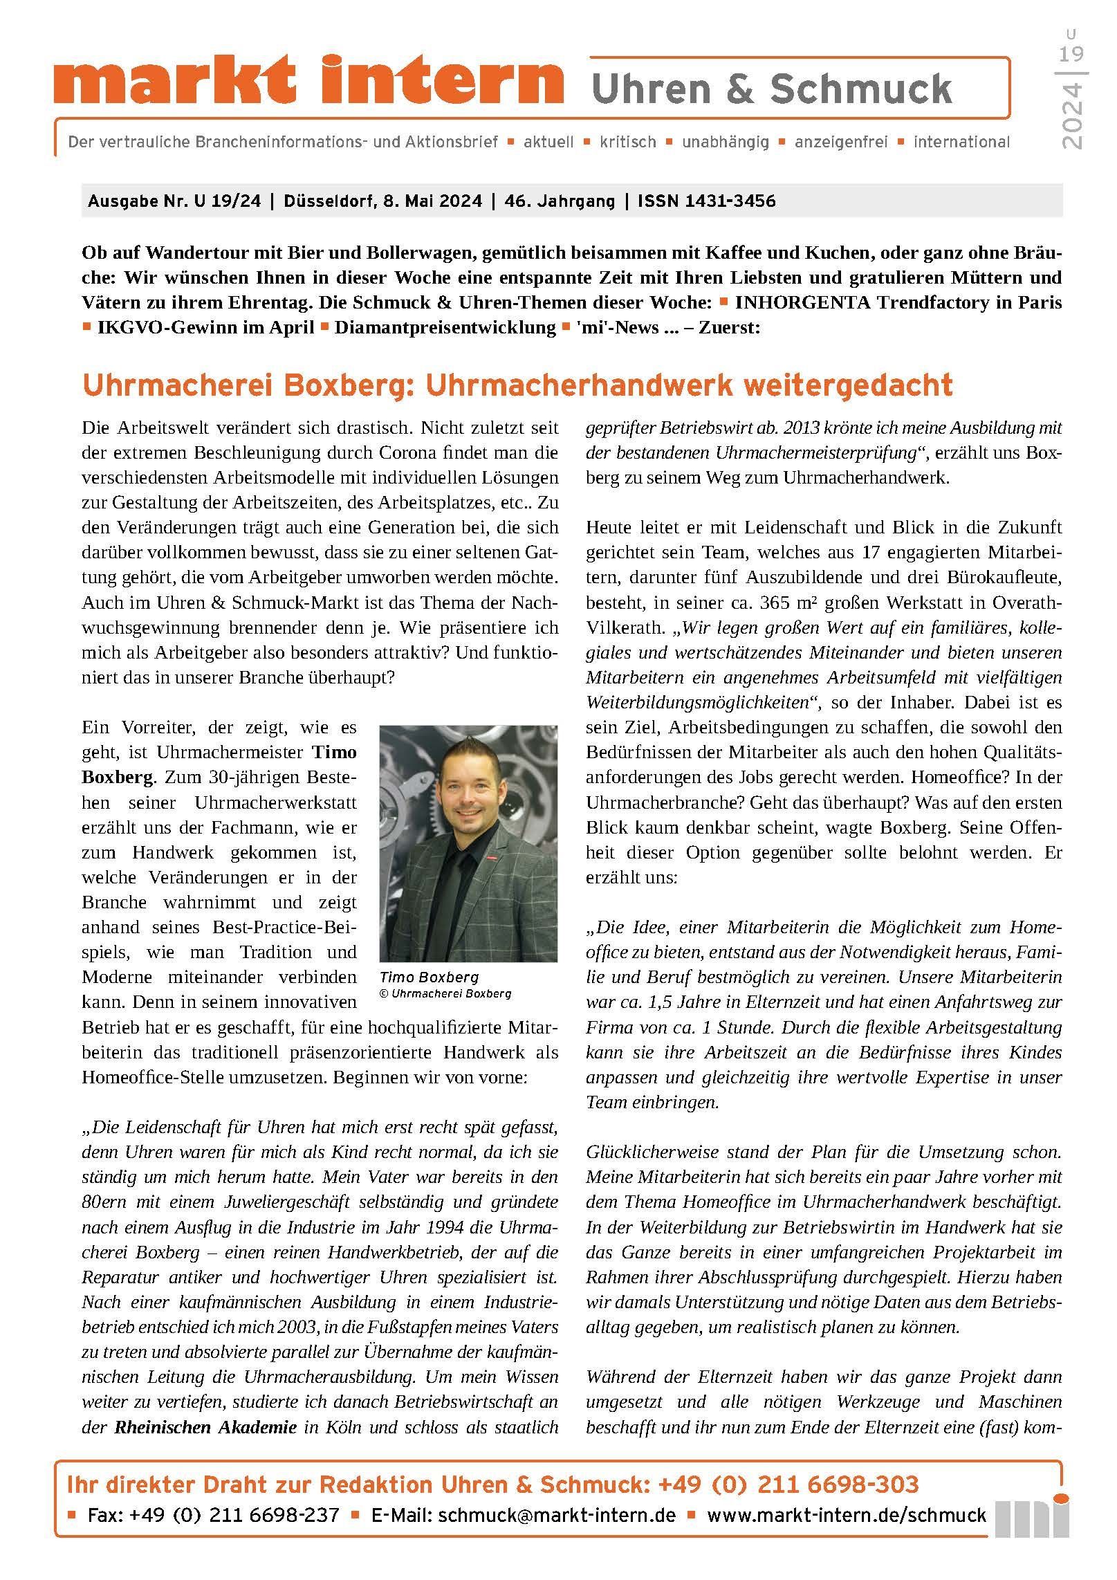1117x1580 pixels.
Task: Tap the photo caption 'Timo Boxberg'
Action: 428,977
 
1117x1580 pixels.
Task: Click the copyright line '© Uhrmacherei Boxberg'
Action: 445,993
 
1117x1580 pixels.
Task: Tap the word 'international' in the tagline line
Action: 961,143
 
